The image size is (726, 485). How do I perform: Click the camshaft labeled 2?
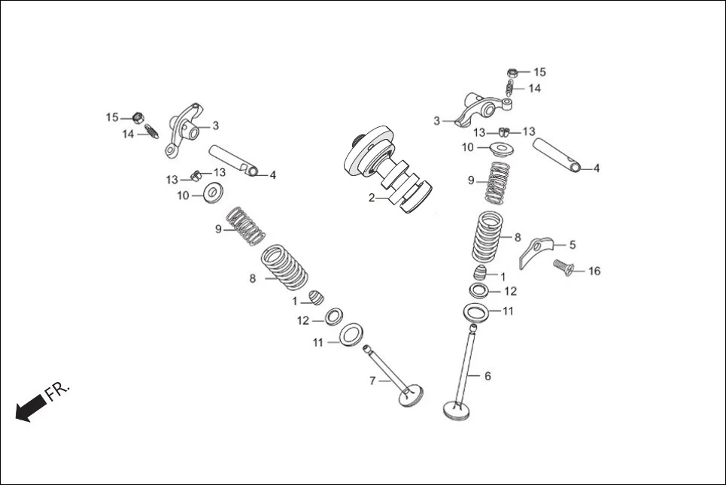[387, 169]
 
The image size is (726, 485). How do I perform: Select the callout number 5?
[573, 244]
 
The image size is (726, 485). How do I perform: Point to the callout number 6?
[487, 375]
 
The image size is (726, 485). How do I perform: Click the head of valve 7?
[412, 396]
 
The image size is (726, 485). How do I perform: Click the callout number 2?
[371, 198]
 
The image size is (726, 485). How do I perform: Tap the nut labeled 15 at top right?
[513, 72]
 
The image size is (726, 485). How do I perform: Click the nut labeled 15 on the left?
[138, 117]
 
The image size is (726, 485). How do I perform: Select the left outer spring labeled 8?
[284, 268]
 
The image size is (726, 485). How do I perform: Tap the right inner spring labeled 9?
[497, 183]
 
